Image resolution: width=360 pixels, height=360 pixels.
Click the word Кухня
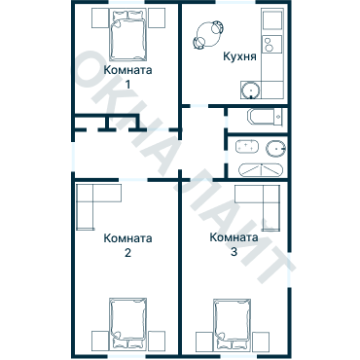pyautogui.click(x=239, y=56)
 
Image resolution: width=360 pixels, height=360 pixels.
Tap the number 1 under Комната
pyautogui.click(x=127, y=85)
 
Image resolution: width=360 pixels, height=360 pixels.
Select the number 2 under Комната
pyautogui.click(x=127, y=253)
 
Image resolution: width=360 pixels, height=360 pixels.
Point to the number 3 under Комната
pyautogui.click(x=234, y=252)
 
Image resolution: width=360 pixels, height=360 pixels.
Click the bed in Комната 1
pyautogui.click(x=127, y=35)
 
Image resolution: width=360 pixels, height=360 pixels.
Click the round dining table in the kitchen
pyautogui.click(x=208, y=34)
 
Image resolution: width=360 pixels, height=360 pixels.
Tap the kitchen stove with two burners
pyautogui.click(x=271, y=44)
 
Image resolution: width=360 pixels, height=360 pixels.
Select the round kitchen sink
pyautogui.click(x=251, y=90)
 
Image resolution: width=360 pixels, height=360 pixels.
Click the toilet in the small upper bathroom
pyautogui.click(x=266, y=117)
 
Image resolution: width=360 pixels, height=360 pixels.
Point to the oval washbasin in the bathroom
pyautogui.click(x=276, y=149)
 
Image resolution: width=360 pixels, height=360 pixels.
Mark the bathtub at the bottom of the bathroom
pyautogui.click(x=261, y=170)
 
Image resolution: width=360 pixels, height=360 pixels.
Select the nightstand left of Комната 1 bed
pyautogui.click(x=100, y=18)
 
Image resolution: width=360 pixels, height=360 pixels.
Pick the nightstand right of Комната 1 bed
pyautogui.click(x=157, y=18)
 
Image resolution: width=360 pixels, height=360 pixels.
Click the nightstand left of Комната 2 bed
pyautogui.click(x=100, y=342)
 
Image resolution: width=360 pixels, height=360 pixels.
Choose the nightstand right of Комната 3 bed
pyautogui.click(x=261, y=342)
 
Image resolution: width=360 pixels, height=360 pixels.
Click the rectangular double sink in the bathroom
pyautogui.click(x=247, y=146)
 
